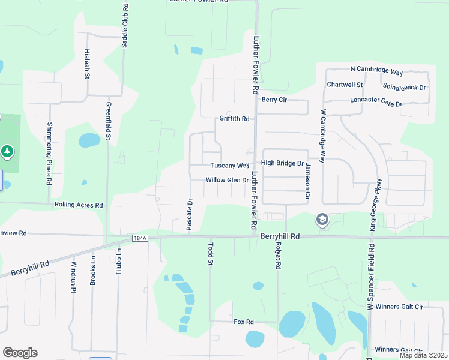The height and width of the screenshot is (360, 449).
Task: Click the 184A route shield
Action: click(x=140, y=238)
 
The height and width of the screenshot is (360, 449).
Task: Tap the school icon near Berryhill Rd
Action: click(x=322, y=220)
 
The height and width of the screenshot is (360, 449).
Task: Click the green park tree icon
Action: click(x=7, y=152)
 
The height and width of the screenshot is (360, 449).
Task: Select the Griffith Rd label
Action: click(x=234, y=119)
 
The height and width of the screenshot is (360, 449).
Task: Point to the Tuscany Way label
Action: click(x=229, y=166)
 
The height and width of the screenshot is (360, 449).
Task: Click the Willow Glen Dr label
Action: click(x=227, y=180)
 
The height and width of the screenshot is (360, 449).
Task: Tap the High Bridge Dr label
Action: click(x=282, y=163)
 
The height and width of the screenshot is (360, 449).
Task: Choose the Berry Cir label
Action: click(x=274, y=100)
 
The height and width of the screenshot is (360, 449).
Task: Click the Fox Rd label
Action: click(x=244, y=322)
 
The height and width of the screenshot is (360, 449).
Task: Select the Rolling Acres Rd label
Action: click(x=79, y=205)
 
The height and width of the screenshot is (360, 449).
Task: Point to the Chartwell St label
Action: click(x=345, y=85)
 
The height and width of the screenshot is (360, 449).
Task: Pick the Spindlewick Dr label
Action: click(x=404, y=87)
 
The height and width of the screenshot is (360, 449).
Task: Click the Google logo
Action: click(x=20, y=353)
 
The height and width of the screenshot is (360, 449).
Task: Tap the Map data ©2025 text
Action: click(x=423, y=355)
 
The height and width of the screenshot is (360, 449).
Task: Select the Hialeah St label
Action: click(x=88, y=64)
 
